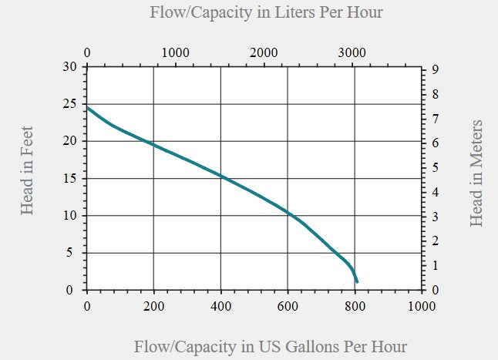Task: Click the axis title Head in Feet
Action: point(27,170)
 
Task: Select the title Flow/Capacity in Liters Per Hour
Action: point(266,13)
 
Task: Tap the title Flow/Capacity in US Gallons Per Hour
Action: point(270,346)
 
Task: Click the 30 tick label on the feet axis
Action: point(70,67)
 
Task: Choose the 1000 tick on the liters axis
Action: point(176,52)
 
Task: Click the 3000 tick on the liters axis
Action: point(352,52)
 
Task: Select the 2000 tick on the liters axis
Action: point(264,52)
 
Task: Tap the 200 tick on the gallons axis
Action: point(154,304)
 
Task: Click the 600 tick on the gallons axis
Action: point(288,304)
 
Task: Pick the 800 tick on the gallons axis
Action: point(355,304)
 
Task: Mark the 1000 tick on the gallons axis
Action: point(422,304)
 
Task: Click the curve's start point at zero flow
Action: point(87,107)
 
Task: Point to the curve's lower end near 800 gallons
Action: point(356,281)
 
